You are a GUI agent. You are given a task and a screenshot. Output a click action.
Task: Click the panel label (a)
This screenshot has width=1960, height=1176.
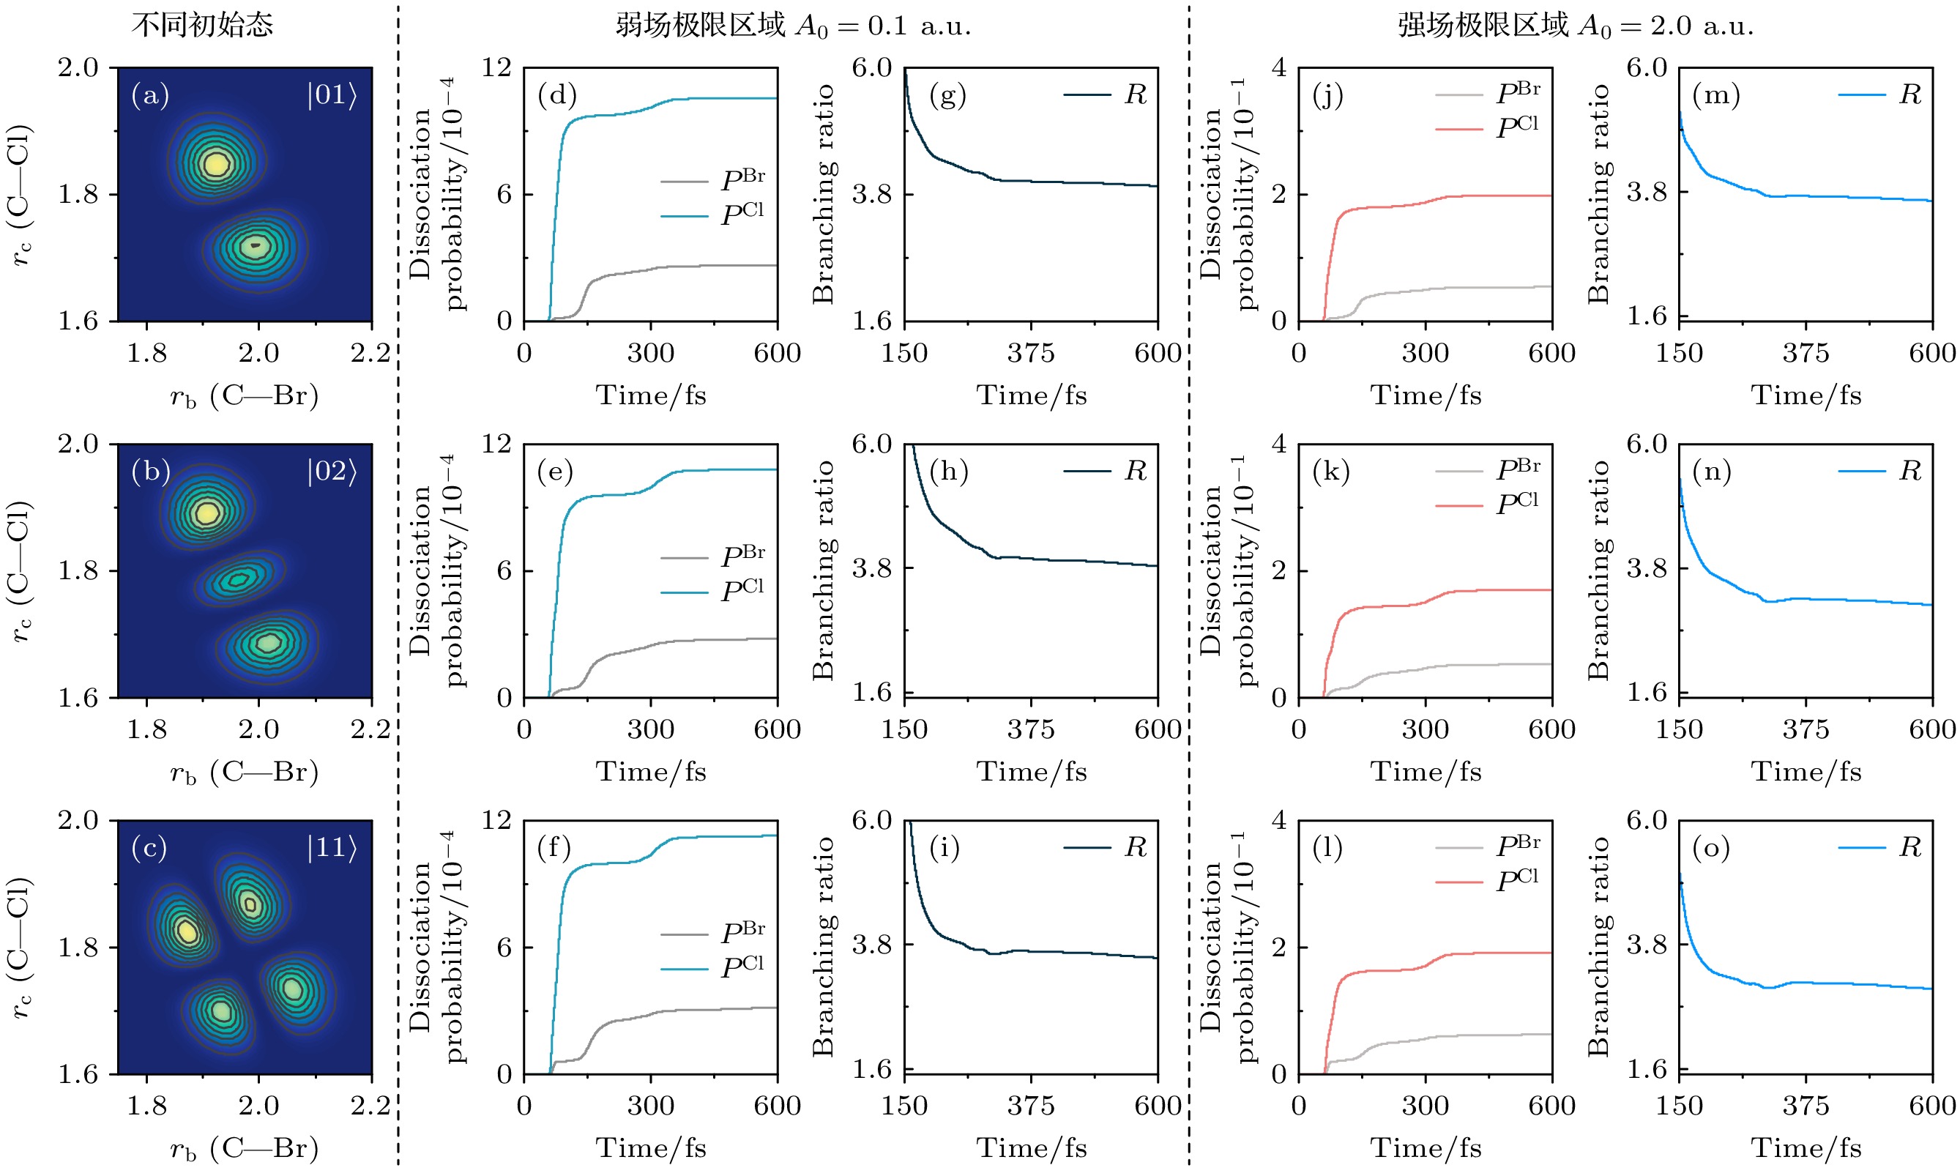click(150, 95)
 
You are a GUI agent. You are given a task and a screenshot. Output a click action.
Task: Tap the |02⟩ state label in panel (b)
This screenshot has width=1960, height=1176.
click(332, 472)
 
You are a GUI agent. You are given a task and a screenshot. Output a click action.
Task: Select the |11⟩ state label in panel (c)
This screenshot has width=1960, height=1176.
click(332, 848)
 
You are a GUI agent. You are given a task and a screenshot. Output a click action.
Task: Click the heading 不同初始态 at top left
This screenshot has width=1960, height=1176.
click(202, 25)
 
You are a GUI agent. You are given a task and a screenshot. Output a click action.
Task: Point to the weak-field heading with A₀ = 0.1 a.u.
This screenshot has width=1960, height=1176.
click(793, 26)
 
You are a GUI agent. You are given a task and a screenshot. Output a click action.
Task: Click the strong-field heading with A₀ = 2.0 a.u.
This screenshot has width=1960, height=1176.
click(1575, 26)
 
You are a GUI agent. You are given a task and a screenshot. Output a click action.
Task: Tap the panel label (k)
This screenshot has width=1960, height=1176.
click(1331, 472)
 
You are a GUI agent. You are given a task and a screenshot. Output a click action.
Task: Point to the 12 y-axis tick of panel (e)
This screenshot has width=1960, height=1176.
click(496, 444)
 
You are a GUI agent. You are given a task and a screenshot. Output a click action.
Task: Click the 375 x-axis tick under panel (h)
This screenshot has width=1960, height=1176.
click(1031, 729)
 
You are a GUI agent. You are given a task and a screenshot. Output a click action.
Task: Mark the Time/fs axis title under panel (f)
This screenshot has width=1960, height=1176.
click(650, 1147)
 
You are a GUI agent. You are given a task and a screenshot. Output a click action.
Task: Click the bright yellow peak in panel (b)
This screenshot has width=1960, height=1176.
click(206, 513)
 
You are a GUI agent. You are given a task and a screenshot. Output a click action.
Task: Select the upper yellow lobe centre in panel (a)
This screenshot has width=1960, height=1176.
click(215, 163)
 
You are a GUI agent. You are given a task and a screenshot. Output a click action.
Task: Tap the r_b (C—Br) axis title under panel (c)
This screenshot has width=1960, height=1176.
click(244, 1148)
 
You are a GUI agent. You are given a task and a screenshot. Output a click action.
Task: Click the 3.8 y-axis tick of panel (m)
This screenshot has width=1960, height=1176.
click(1647, 192)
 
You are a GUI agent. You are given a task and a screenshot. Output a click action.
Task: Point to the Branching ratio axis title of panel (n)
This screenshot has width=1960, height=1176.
click(1599, 570)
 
